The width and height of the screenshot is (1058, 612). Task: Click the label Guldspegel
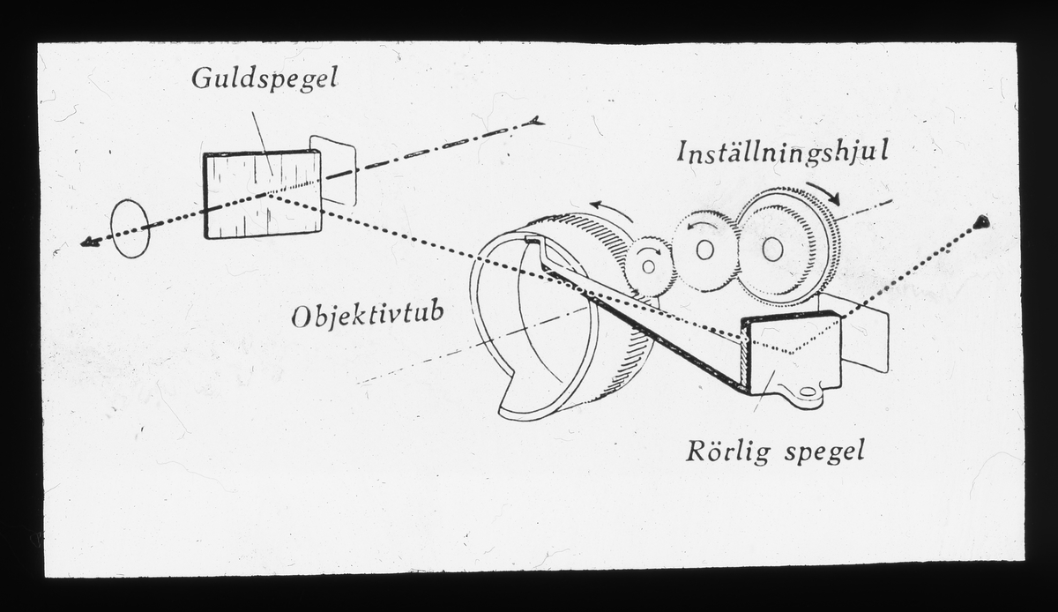(264, 79)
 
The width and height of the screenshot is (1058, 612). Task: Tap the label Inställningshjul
(781, 152)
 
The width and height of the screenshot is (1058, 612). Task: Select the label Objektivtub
(368, 315)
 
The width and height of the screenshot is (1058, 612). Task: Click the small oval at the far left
(130, 228)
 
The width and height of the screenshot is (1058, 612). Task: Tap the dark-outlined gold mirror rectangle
(262, 194)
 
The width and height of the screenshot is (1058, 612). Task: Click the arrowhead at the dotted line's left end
(86, 242)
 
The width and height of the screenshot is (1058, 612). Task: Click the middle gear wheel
(705, 250)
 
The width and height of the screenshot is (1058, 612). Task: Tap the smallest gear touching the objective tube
(650, 265)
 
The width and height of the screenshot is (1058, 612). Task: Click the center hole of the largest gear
(773, 250)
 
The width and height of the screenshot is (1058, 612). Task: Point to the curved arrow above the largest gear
(823, 191)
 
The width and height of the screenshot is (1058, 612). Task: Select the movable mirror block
(792, 352)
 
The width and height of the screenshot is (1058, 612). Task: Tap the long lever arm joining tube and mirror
(644, 326)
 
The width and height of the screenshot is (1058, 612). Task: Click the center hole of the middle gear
(704, 250)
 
